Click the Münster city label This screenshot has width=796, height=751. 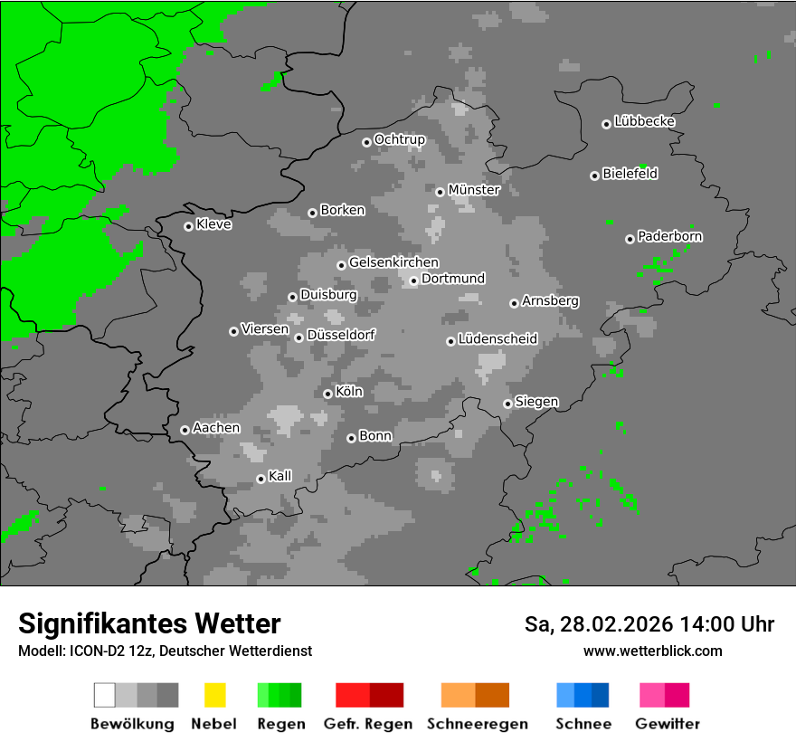point(474,190)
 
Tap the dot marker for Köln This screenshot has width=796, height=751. point(327,394)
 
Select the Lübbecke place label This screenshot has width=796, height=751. point(644,121)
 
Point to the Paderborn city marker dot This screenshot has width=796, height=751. point(630,239)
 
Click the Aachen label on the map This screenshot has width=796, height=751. point(216,428)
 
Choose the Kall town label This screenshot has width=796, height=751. point(280,476)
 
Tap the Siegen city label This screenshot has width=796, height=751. point(536,402)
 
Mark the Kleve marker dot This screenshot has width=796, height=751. point(188,226)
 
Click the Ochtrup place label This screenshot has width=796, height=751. point(399,139)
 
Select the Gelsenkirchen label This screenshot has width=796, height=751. point(393,262)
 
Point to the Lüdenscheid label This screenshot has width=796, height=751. point(497,339)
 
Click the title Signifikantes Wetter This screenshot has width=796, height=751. point(149,623)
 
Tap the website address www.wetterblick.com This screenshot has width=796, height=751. point(652,651)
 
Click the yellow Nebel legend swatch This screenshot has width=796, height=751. point(214,695)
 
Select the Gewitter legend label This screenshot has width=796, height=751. point(668,724)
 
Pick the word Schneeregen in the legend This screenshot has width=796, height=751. point(478,724)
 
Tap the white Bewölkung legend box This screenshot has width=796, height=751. point(104,695)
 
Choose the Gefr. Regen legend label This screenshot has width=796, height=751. point(368,724)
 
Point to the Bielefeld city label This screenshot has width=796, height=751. point(630,174)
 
